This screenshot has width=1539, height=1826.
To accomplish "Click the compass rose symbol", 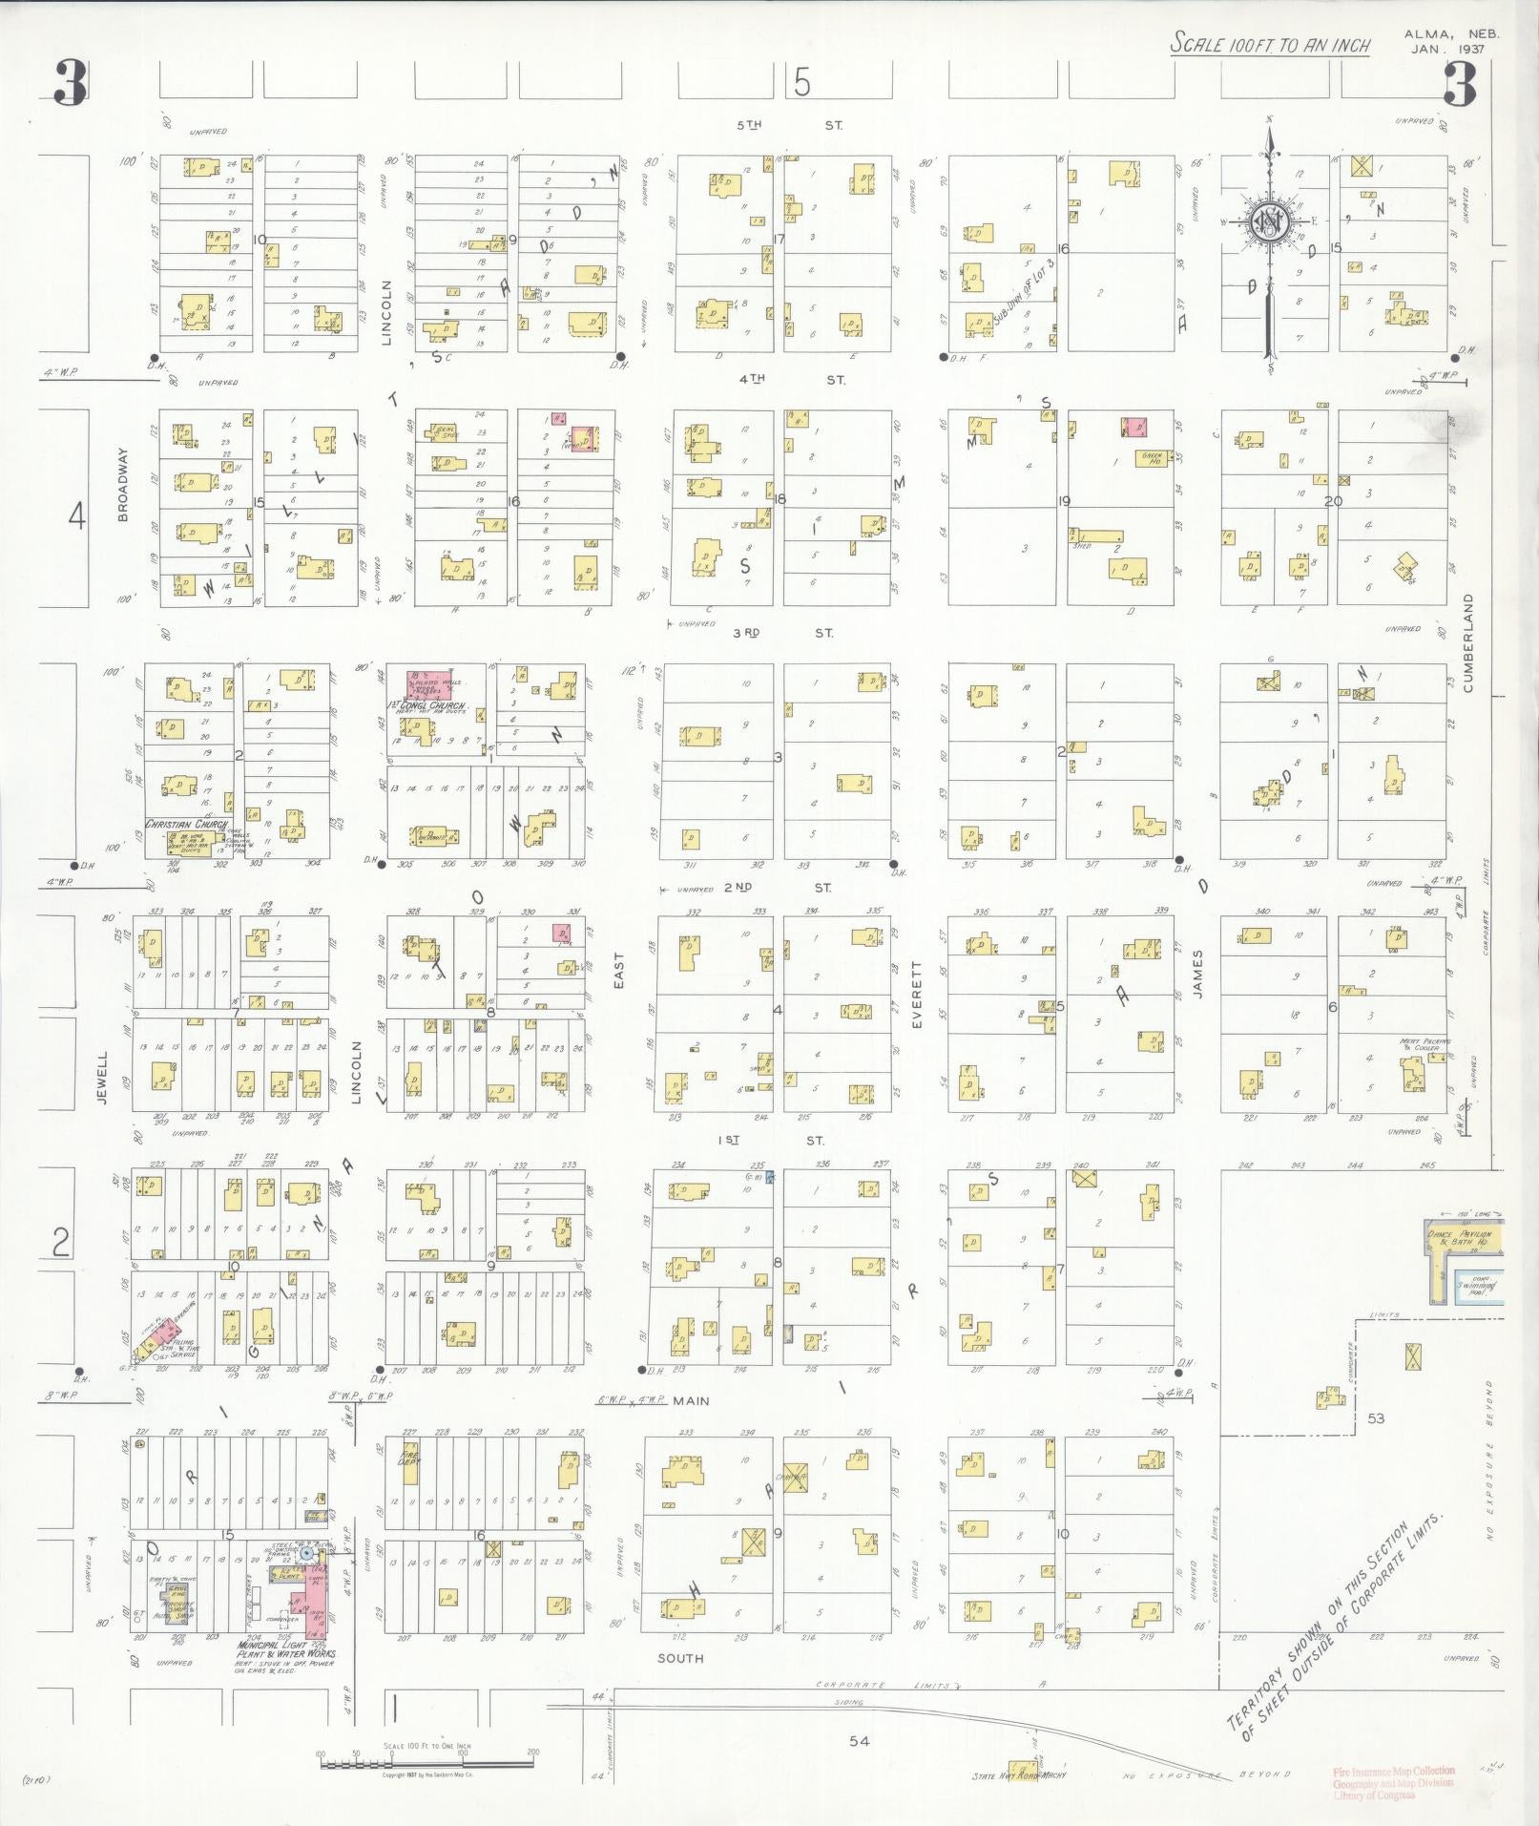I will click(1269, 222).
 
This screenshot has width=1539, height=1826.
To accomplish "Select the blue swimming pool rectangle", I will click(1475, 1287).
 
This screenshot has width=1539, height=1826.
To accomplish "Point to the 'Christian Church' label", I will click(186, 824).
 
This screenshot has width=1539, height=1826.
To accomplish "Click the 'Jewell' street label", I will click(102, 1078).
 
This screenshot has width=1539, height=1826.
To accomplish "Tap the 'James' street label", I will click(1197, 974).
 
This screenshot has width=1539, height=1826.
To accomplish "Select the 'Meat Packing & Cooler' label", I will click(1425, 1044).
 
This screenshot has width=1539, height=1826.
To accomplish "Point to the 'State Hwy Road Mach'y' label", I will click(1017, 1775).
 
